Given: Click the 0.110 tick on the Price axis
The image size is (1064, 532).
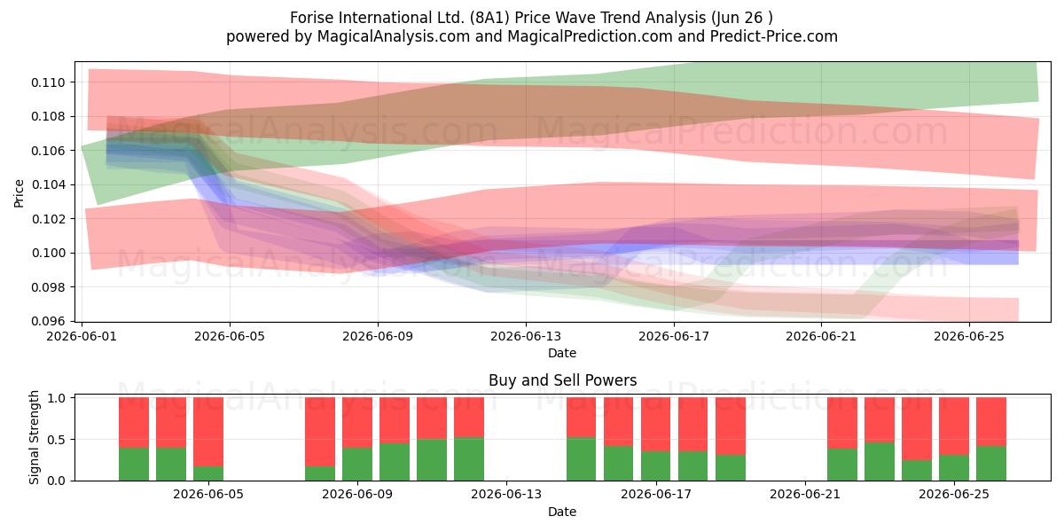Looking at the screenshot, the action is (48, 82).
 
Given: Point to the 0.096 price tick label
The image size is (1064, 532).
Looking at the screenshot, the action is (48, 322).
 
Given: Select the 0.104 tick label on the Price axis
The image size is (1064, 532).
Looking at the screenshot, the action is (48, 184).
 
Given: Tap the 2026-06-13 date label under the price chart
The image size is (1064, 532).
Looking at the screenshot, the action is (525, 336).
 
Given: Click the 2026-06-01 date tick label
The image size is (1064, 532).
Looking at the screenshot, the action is (82, 336).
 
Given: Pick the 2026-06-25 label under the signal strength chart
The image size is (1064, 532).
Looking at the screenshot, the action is (954, 494).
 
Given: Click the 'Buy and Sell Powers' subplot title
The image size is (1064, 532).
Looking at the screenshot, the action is (562, 380).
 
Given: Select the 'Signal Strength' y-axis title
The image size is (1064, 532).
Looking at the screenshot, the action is (34, 437).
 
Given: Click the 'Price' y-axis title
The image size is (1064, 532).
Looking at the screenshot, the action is (19, 193).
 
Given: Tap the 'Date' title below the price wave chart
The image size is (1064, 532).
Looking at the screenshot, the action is (562, 353).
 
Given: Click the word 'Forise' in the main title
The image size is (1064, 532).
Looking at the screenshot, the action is (309, 18).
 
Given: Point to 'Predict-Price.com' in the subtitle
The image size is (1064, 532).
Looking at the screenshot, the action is (774, 36).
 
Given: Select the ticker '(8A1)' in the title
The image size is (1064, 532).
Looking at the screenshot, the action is (489, 18).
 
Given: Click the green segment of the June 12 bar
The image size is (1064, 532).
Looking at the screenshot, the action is (469, 459).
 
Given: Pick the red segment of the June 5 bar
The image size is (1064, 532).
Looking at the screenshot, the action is (208, 432).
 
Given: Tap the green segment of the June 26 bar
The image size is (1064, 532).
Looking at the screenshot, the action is (991, 463).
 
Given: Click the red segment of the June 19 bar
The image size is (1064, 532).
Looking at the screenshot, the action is (730, 426).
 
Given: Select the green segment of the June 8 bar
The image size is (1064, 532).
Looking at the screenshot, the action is (320, 473).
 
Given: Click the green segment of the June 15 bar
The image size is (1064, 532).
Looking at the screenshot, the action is (581, 459).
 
